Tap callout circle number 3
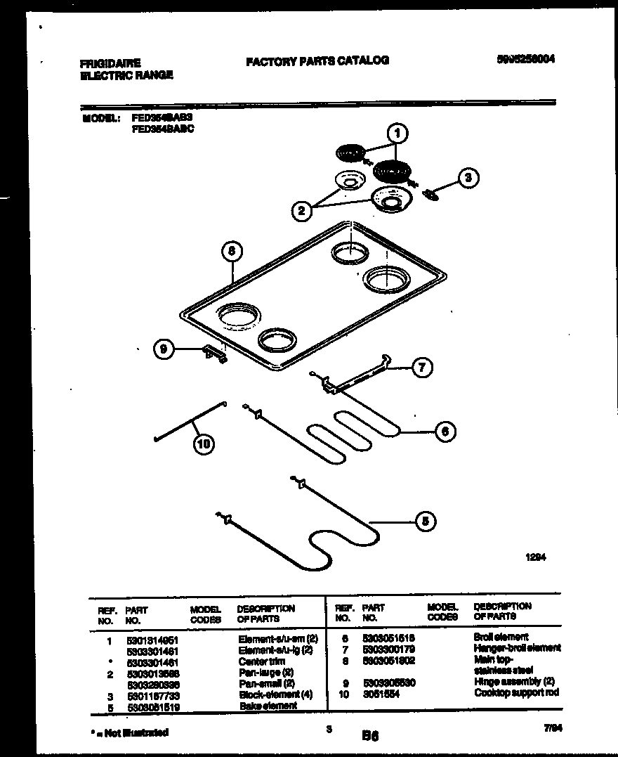coord(468,178)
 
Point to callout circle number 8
coord(232,250)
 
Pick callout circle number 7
coord(422,367)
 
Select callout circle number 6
coord(445,431)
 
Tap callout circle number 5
coord(425,521)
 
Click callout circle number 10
coord(204,444)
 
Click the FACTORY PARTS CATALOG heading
coord(317,60)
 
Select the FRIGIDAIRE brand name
coord(110,63)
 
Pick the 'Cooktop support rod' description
coord(516,692)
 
